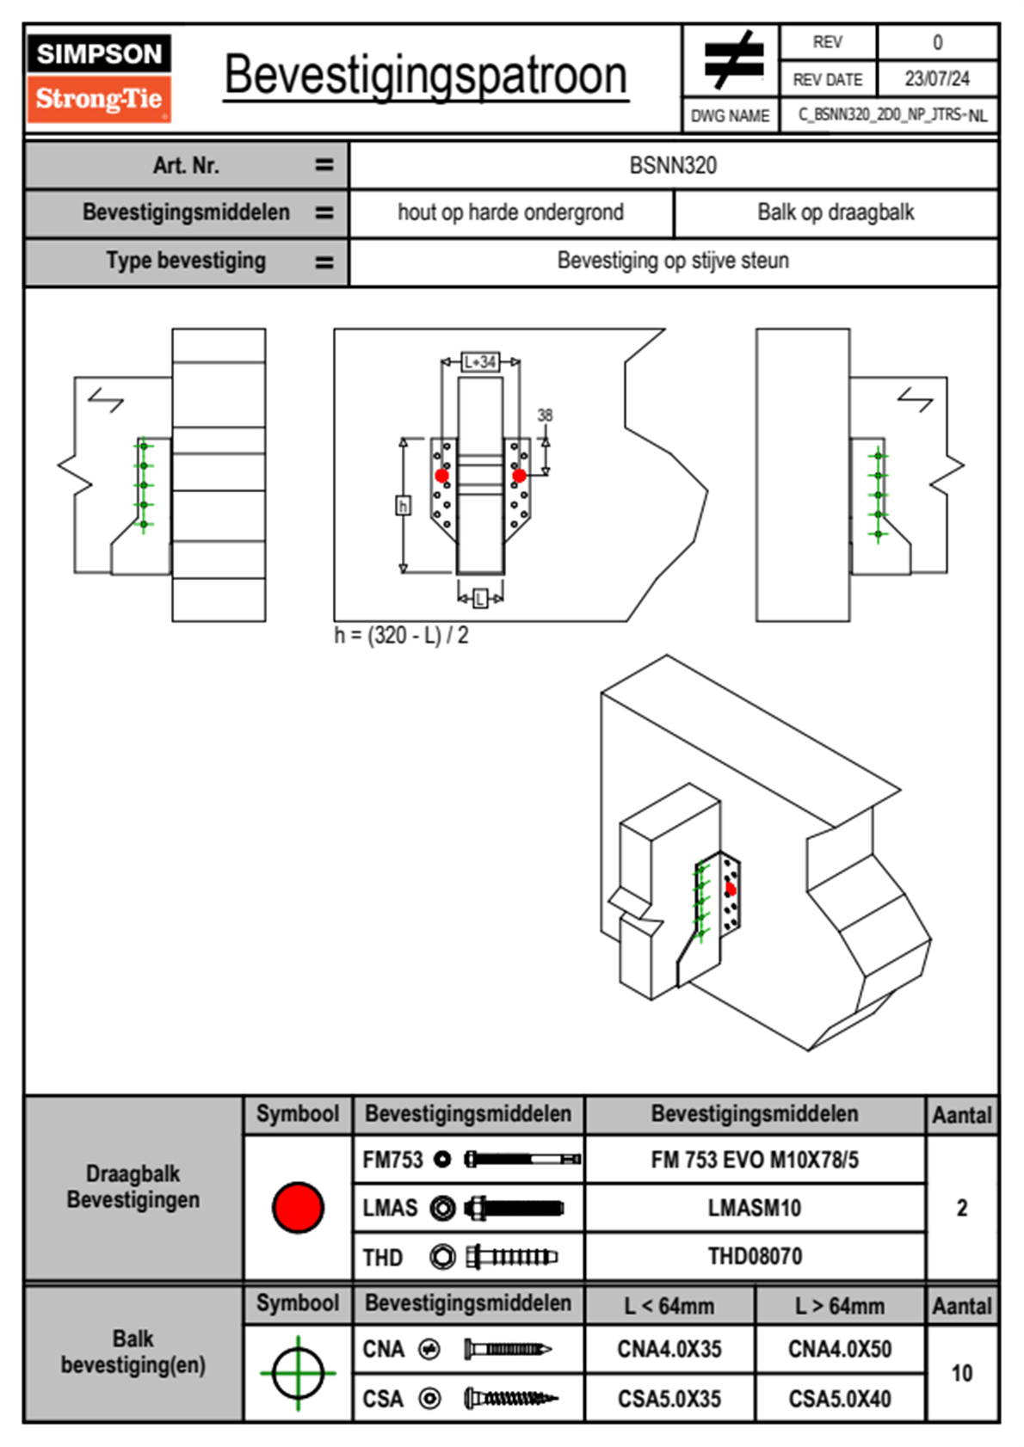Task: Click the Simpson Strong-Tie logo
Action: click(x=99, y=77)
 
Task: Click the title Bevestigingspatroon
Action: click(x=425, y=76)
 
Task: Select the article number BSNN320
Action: click(x=673, y=165)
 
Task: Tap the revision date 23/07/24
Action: click(x=936, y=79)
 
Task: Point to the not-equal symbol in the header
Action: click(x=732, y=60)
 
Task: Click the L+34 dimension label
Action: click(x=480, y=362)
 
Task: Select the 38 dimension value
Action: click(x=545, y=416)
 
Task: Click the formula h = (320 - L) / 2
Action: click(x=401, y=636)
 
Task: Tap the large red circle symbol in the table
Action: click(x=298, y=1207)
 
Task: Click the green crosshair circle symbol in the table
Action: click(x=298, y=1373)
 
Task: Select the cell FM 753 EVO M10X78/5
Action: click(x=755, y=1161)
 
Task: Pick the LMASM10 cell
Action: click(x=755, y=1209)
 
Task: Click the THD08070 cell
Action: click(x=755, y=1257)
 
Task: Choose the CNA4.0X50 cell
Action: click(x=840, y=1349)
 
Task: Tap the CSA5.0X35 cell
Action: click(x=669, y=1399)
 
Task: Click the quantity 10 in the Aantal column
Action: click(x=961, y=1373)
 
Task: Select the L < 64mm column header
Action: click(x=669, y=1306)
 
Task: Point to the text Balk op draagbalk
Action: click(x=836, y=212)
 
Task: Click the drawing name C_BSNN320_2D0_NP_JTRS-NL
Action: click(x=891, y=115)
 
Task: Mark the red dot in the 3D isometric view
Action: click(x=731, y=889)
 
